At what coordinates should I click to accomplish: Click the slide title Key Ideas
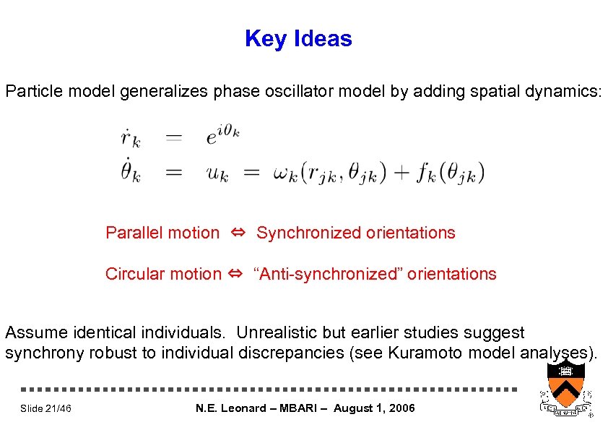[x=298, y=39]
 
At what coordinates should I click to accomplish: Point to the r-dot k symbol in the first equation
[x=130, y=137]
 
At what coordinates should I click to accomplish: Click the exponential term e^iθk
[x=222, y=137]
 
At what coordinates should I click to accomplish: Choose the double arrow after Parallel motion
[x=238, y=233]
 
